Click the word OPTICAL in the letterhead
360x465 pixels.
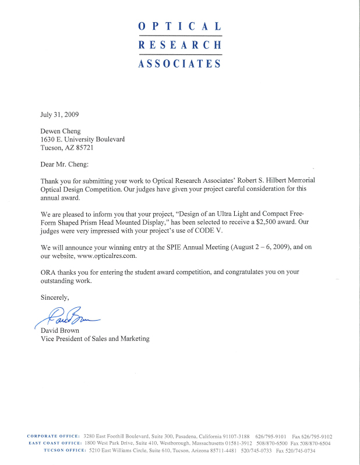pos(179,27)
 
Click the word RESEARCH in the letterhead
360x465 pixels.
pos(179,45)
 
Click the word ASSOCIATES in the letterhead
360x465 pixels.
pos(179,63)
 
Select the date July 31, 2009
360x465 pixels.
pos(59,115)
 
